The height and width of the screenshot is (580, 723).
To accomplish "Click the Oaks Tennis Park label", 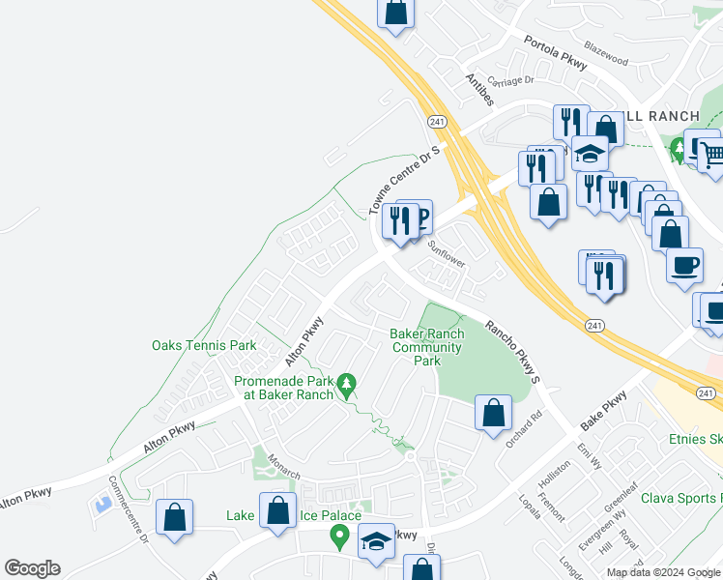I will coord(204,345).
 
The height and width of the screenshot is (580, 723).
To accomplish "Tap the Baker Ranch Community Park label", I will coord(426,347).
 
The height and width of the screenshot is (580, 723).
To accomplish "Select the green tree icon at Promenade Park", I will coord(347,386).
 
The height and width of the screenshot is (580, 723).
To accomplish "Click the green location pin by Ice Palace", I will coord(339,534).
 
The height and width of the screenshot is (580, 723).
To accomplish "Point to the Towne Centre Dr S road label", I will coord(404,181).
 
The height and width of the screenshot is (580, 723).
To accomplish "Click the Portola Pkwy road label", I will coord(555,53).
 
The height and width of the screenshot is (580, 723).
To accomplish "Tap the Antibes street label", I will coord(479,89).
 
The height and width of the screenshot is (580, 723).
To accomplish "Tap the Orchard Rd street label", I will coord(525,423).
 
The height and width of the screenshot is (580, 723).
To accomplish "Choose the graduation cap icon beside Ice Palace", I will coord(376,542).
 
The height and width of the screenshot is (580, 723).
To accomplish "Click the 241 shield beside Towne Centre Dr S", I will coord(436,120).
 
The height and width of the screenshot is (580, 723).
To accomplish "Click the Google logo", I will coord(32,568).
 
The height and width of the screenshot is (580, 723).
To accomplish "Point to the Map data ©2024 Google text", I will coord(664,572).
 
